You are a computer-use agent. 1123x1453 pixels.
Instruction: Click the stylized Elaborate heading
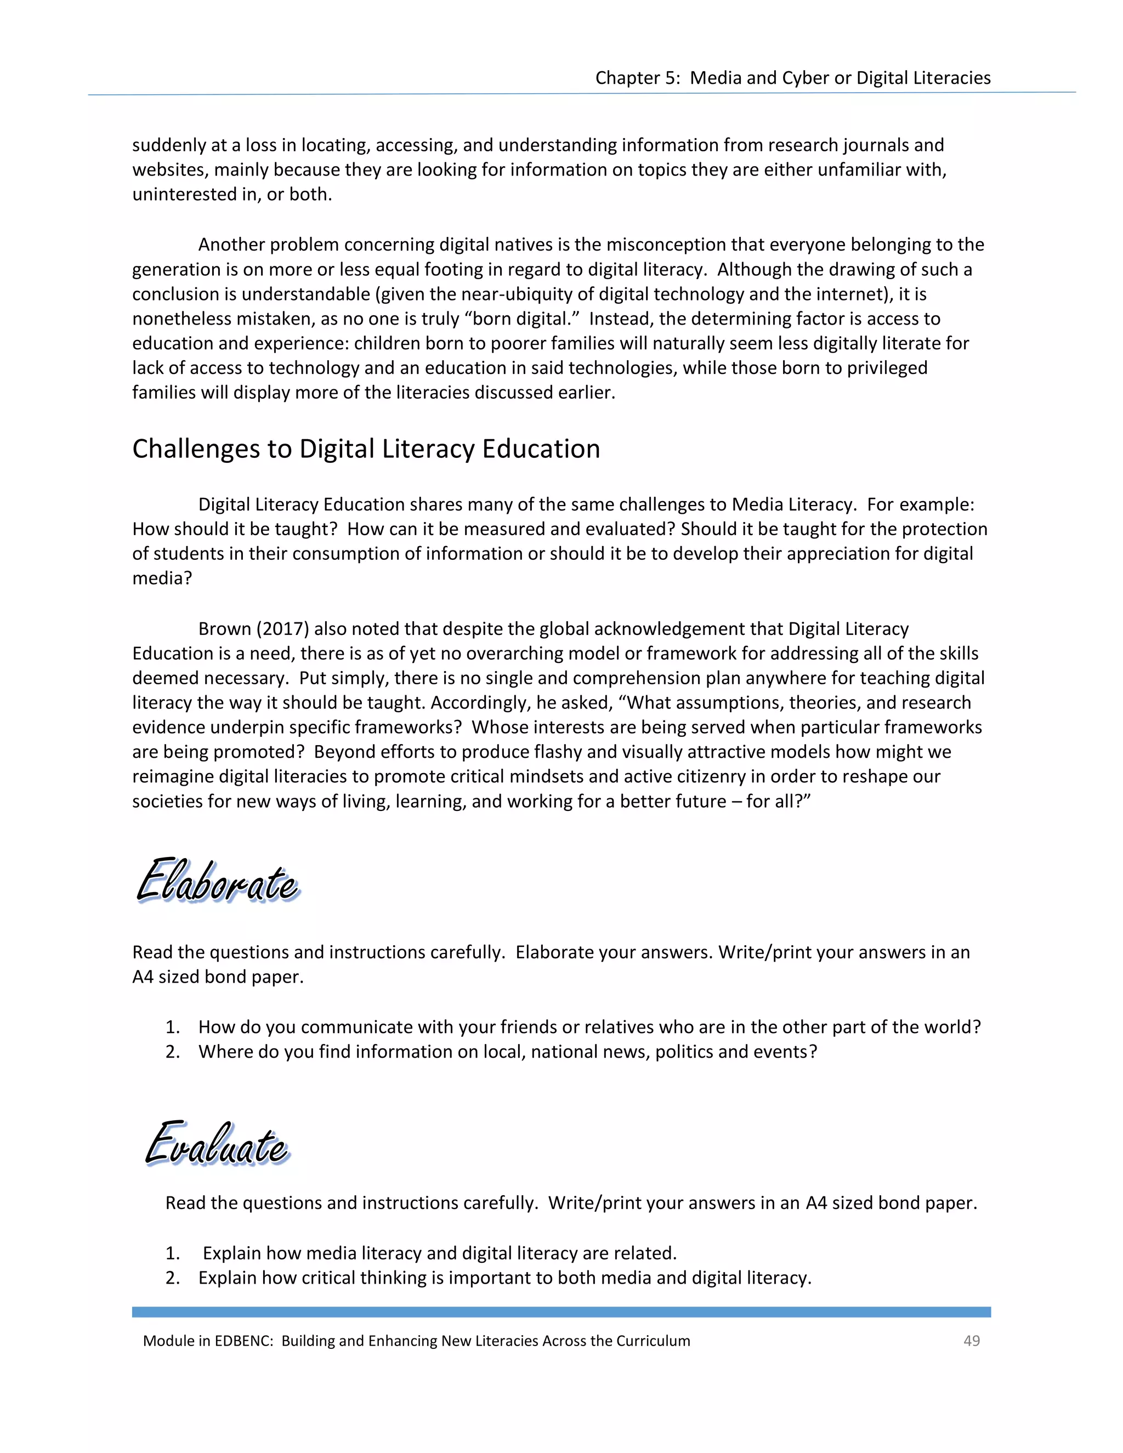tap(218, 881)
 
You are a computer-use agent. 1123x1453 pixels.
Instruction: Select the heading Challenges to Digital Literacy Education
tap(366, 449)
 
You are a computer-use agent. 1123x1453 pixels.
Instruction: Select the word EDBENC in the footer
tap(243, 1341)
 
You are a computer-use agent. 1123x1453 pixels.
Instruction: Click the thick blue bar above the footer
tap(561, 1312)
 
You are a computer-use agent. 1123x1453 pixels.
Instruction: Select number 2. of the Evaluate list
tap(173, 1278)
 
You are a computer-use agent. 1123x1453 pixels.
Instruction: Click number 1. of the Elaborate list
tap(173, 1026)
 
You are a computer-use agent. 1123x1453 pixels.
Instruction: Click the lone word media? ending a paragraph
tap(162, 578)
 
